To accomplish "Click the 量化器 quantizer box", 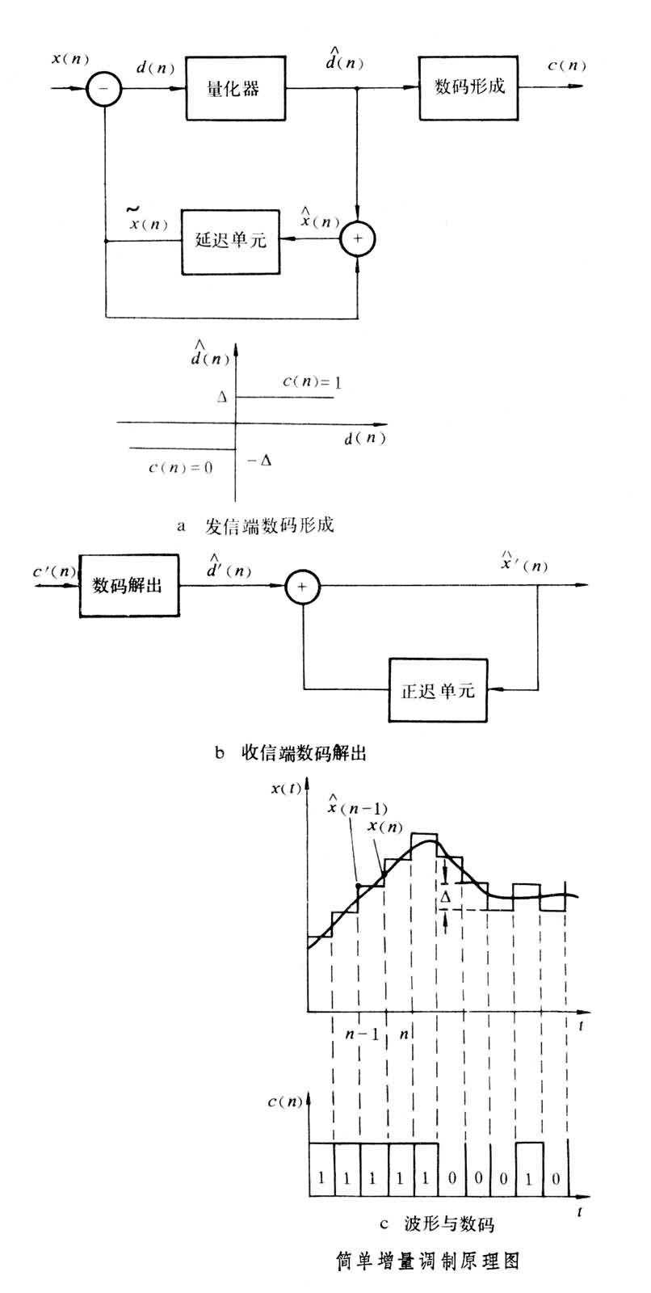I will (234, 88).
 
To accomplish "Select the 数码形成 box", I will (468, 87).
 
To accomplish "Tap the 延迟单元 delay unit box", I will (230, 240).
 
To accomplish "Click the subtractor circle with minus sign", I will (106, 88).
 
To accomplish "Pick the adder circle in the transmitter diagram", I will (357, 240).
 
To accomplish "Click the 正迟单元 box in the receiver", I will (438, 690).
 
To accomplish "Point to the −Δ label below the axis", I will (260, 461).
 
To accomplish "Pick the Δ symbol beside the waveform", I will (445, 898).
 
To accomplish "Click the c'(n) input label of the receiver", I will (55, 573).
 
